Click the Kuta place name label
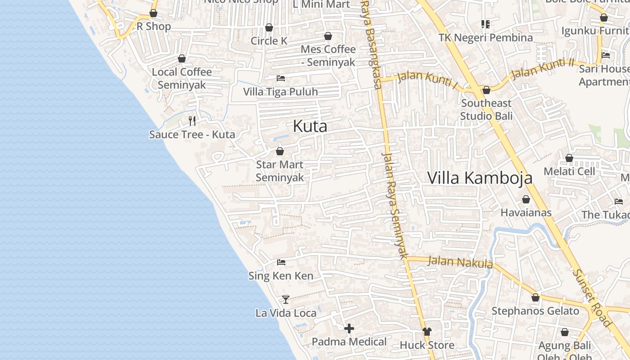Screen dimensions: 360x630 [310, 126]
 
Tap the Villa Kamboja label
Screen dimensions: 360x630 [479, 178]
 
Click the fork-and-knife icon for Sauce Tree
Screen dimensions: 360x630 [192, 121]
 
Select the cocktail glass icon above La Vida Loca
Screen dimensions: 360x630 [285, 299]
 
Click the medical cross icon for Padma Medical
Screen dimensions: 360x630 [349, 328]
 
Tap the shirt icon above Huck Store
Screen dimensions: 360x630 [427, 332]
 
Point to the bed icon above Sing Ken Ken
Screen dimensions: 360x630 [281, 262]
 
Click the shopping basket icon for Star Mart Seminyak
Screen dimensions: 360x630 [279, 151]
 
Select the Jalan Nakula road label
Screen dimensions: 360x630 [459, 261]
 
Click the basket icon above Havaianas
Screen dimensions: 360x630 [526, 199]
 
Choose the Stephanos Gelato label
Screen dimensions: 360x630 [535, 311]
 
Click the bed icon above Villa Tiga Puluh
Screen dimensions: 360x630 [281, 78]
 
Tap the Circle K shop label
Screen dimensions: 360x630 [269, 41]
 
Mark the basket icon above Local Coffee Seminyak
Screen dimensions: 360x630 [182, 58]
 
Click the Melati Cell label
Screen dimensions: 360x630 [569, 171]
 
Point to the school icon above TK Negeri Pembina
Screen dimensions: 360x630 [485, 24]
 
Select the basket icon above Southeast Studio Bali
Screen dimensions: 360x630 [486, 90]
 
